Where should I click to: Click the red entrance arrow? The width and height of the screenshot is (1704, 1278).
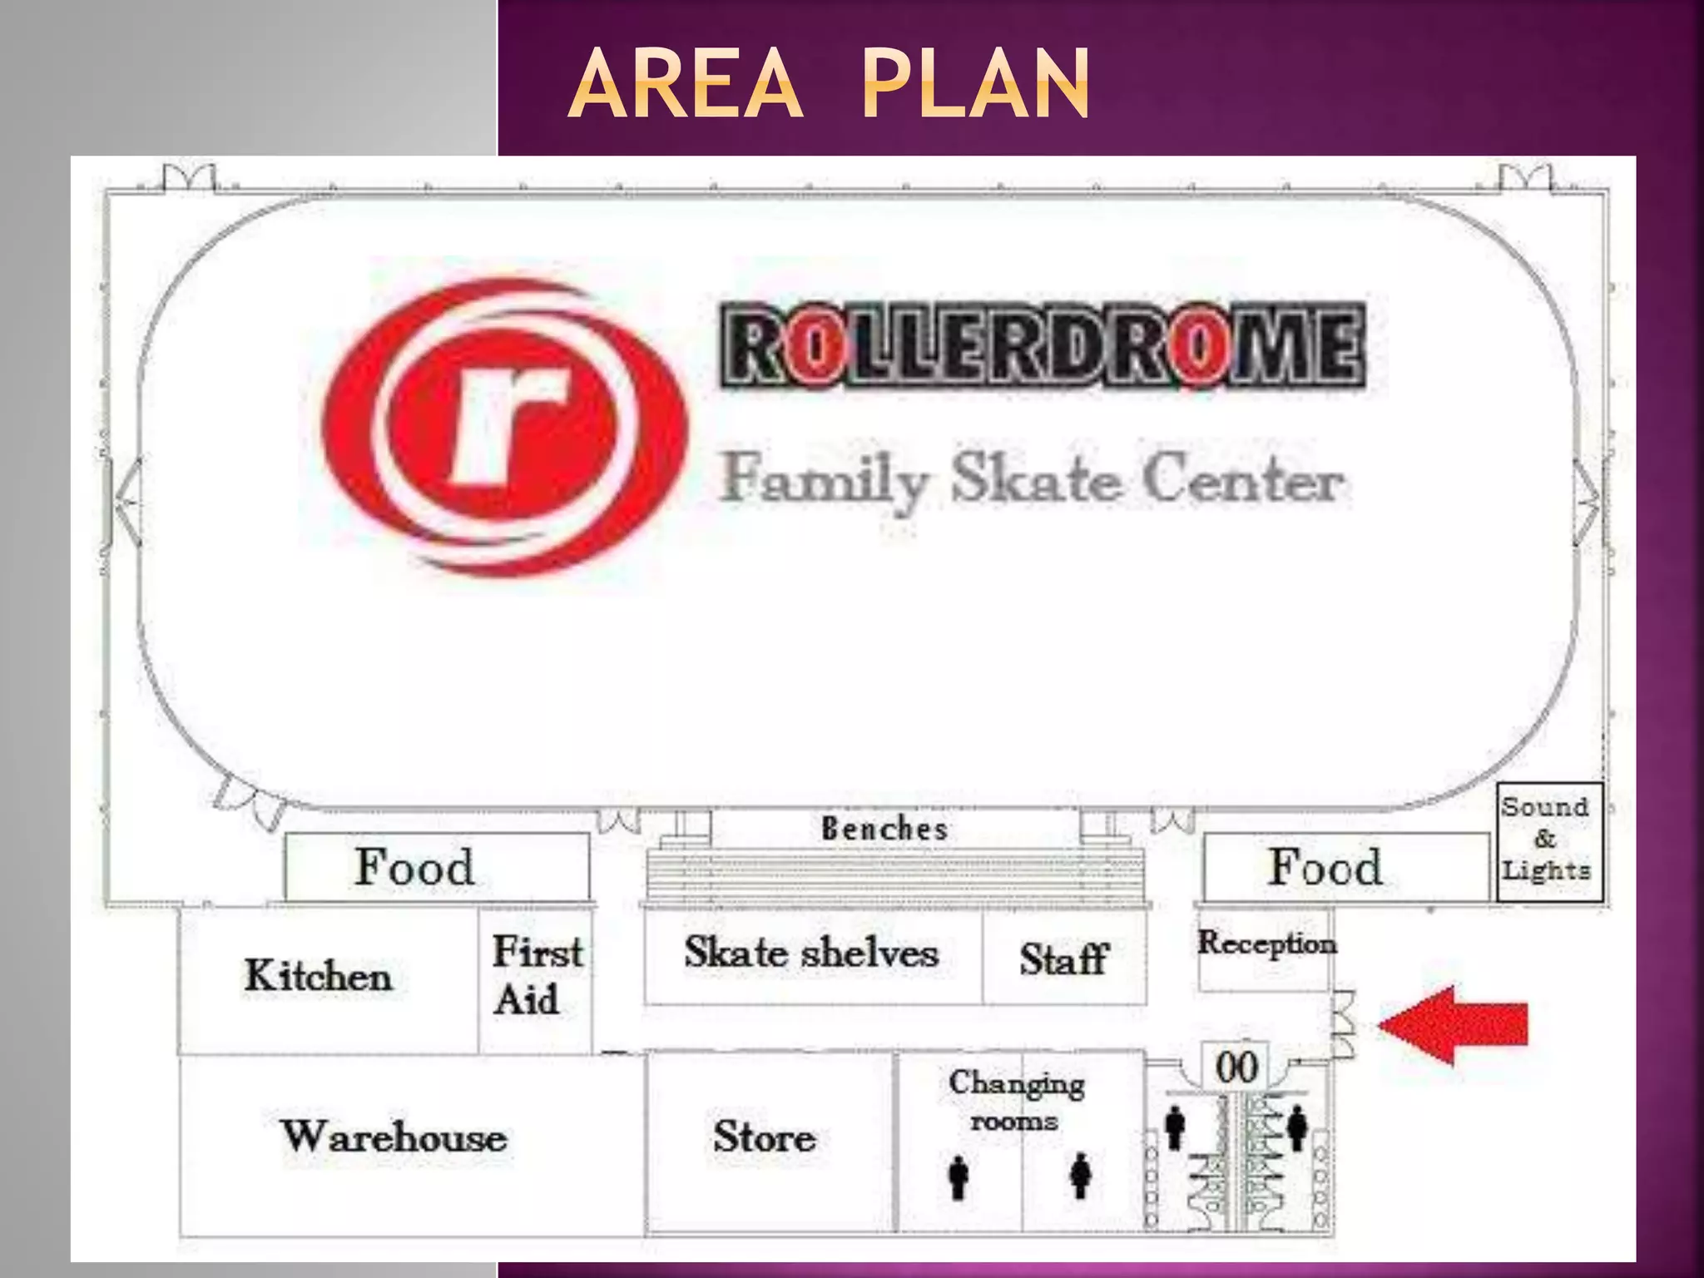tap(1454, 1025)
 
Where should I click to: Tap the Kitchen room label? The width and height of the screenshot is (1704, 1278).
tap(318, 975)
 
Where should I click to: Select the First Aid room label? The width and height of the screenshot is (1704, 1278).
tap(537, 975)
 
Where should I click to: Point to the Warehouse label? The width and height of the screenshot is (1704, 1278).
tap(394, 1137)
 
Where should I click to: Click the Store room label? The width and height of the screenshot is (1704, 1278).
tap(764, 1137)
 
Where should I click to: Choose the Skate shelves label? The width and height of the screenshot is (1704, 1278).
tap(811, 953)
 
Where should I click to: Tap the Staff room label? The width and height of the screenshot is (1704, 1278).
tap(1064, 958)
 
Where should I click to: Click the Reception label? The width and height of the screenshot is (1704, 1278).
tap(1266, 944)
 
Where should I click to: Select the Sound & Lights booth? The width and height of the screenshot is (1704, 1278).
tap(1546, 840)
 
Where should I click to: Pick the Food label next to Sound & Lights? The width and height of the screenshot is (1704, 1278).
tap(1325, 867)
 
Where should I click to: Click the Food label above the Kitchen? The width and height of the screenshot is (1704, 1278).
tap(414, 867)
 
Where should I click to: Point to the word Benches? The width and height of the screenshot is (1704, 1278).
tap(884, 829)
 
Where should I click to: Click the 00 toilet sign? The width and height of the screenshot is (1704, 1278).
tap(1236, 1067)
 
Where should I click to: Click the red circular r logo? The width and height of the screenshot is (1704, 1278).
tap(504, 426)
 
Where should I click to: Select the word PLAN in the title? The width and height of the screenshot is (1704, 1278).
tap(975, 84)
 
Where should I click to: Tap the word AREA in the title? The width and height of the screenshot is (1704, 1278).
tap(686, 84)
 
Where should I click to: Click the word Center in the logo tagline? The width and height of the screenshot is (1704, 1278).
tap(1243, 480)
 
